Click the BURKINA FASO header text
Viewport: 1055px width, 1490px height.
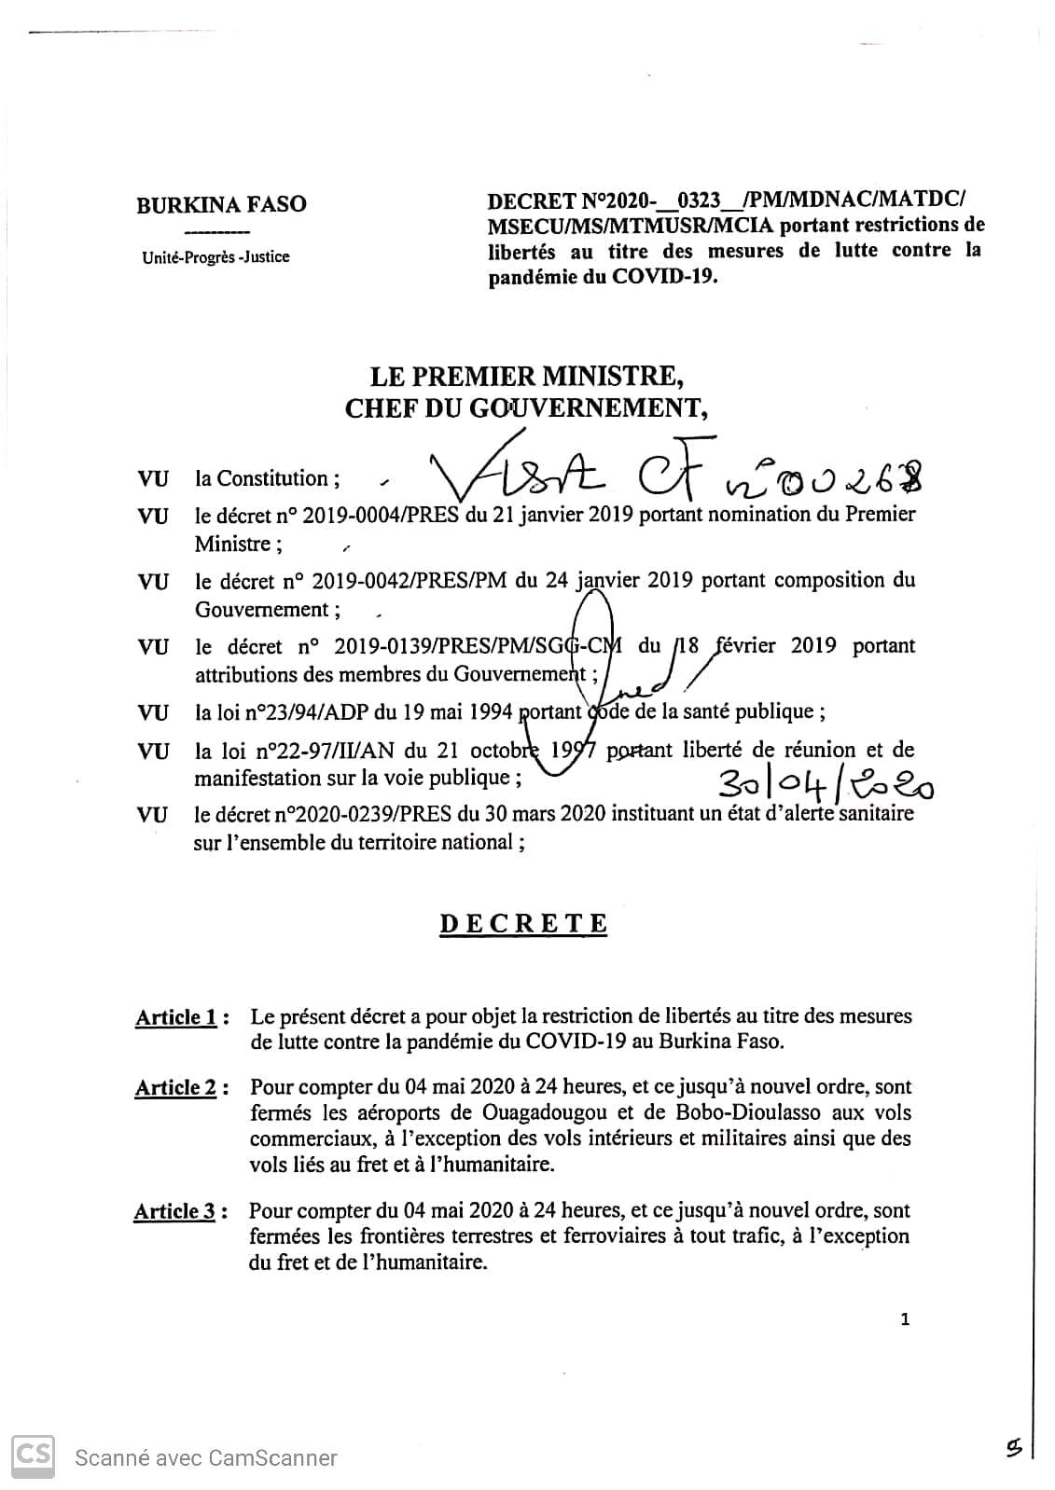tap(221, 204)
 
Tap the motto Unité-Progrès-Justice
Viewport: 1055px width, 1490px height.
tap(215, 256)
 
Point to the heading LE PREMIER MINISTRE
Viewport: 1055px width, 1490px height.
tap(527, 377)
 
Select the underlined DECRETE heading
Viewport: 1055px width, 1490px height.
tap(523, 924)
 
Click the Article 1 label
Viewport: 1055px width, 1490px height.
tap(177, 1017)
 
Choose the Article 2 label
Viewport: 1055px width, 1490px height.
tap(176, 1087)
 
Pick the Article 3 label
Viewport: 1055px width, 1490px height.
tap(175, 1211)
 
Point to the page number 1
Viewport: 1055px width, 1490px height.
tap(905, 1319)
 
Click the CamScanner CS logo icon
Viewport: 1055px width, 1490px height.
tap(32, 1456)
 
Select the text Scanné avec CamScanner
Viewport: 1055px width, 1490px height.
tap(206, 1457)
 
